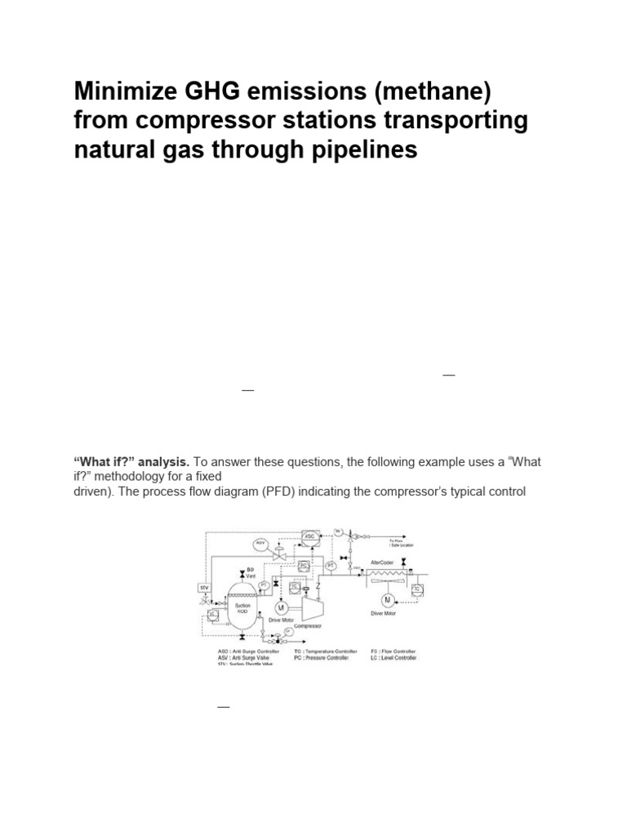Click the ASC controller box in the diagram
[x=310, y=536]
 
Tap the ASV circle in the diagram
[x=261, y=543]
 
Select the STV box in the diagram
[x=204, y=587]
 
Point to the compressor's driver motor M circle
[x=280, y=607]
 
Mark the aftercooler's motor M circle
[x=387, y=601]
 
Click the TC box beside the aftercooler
[x=417, y=589]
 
